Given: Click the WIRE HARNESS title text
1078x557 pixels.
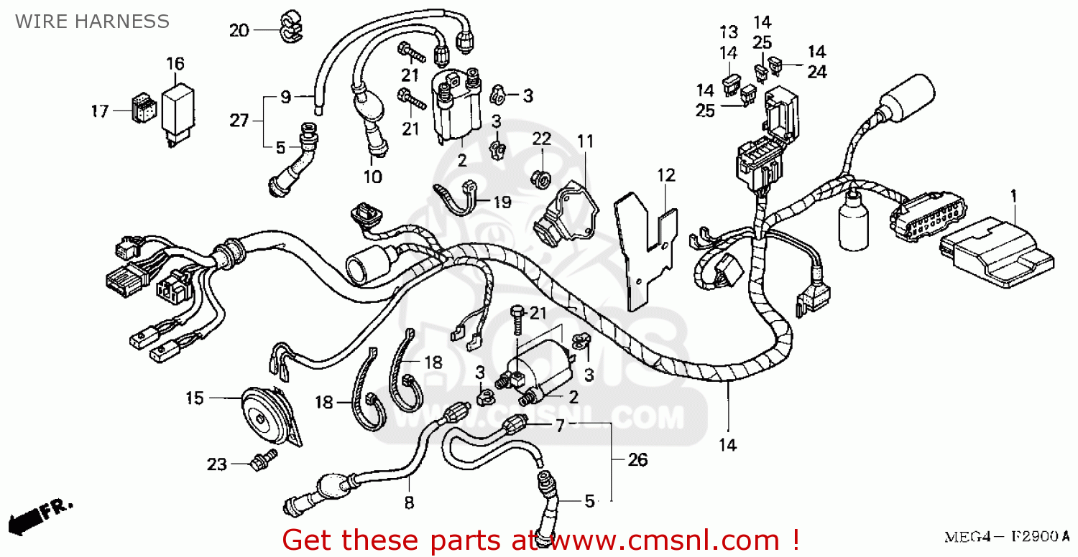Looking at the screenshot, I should click(93, 22).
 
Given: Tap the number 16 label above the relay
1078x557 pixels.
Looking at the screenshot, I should click(175, 65).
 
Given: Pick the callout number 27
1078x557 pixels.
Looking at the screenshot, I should click(239, 121).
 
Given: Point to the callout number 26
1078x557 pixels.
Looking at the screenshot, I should click(637, 459).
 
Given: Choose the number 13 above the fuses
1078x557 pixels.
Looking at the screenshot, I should click(729, 32).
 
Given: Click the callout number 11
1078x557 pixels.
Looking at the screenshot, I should click(586, 141).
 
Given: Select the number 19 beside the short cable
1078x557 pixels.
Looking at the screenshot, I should click(502, 202).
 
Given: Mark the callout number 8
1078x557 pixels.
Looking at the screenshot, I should click(409, 503).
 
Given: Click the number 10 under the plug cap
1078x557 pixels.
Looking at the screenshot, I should click(373, 177).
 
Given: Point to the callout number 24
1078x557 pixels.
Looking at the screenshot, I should click(816, 72).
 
